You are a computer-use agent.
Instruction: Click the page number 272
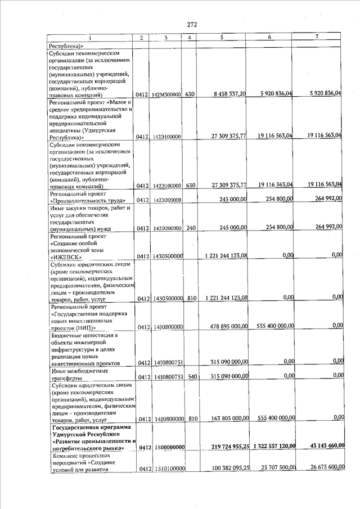tap(192, 25)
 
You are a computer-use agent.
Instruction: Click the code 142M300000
tap(165, 95)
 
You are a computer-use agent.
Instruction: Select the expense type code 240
tap(190, 228)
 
